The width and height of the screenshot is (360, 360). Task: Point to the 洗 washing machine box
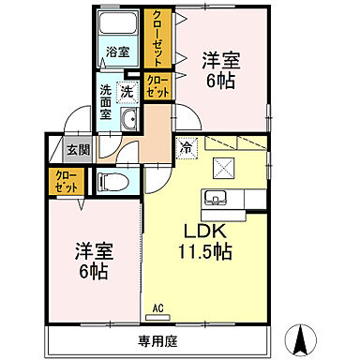127,92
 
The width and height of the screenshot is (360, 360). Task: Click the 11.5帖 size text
205,251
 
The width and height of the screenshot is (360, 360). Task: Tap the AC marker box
158,308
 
